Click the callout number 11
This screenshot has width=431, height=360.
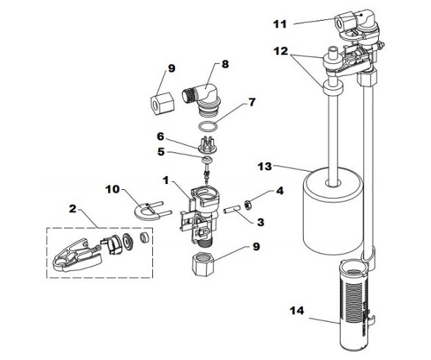pos(279,24)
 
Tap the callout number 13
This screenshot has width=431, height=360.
pos(265,166)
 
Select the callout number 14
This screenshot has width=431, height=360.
pos(297,311)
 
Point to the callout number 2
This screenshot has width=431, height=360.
pos(73,208)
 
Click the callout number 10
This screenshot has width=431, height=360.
pos(113,189)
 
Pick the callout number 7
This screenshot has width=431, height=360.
pos(252,102)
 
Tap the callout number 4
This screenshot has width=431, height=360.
pos(279,191)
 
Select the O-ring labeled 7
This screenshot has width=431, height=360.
pos(208,127)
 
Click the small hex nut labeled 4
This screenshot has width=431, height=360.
pos(247,205)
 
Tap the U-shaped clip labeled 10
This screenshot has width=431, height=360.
pos(152,211)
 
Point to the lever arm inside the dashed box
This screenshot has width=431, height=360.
pos(76,255)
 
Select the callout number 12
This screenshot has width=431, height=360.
pos(280,51)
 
